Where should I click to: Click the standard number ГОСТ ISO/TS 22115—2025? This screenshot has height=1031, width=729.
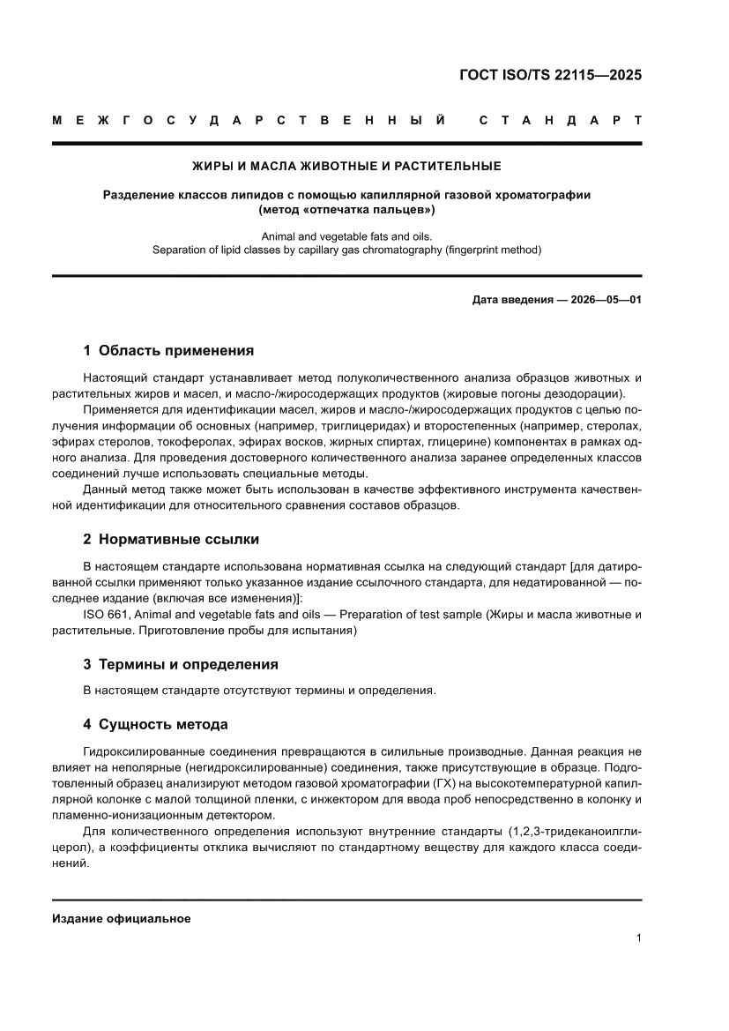pyautogui.click(x=550, y=75)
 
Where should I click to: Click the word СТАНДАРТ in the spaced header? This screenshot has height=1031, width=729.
pyautogui.click(x=560, y=120)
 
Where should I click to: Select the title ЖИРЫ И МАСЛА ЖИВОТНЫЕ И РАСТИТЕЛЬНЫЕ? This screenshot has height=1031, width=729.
pyautogui.click(x=346, y=166)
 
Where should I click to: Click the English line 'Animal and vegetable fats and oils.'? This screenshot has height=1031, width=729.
pyautogui.click(x=346, y=236)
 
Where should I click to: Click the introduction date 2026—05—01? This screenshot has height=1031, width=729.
pyautogui.click(x=608, y=300)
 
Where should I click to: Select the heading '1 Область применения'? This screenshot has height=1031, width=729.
pyautogui.click(x=168, y=350)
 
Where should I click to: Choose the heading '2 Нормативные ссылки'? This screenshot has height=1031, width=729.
pyautogui.click(x=171, y=539)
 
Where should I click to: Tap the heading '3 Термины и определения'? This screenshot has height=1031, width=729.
pyautogui.click(x=181, y=664)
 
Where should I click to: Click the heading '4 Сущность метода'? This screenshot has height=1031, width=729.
pyautogui.click(x=155, y=724)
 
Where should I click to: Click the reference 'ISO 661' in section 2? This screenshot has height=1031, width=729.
pyautogui.click(x=102, y=614)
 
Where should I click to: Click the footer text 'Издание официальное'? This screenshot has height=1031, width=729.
pyautogui.click(x=122, y=918)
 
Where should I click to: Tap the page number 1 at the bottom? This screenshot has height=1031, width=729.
pyautogui.click(x=637, y=938)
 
